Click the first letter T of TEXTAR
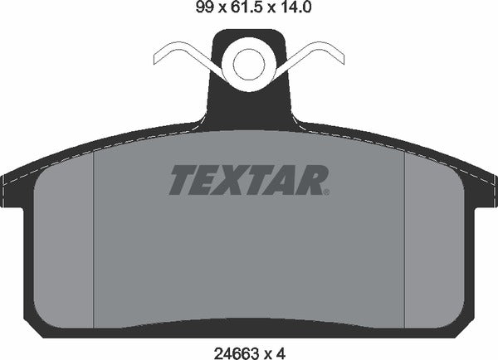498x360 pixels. [183, 178]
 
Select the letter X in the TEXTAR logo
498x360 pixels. [237, 178]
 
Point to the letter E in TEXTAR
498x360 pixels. [208, 178]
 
